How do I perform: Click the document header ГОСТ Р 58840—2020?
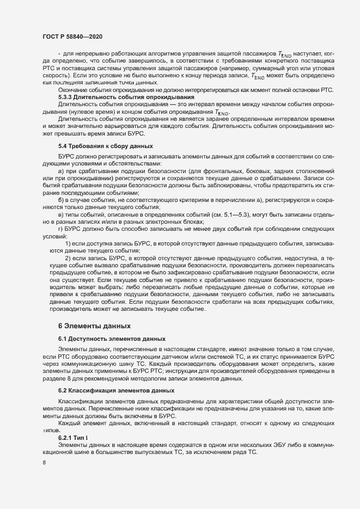pos(72,35)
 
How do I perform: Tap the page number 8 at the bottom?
pos(44,463)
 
